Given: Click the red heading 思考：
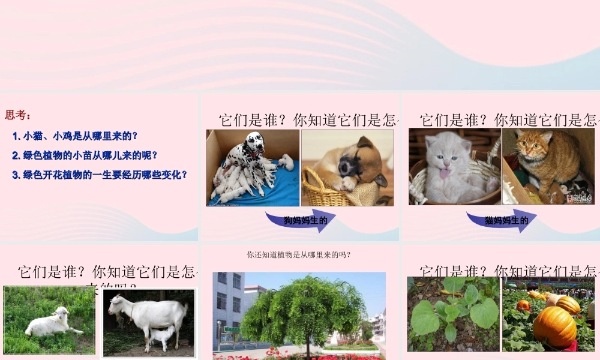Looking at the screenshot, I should [17, 115].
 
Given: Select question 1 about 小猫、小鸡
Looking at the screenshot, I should [75, 136].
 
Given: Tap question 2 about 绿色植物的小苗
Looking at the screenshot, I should [85, 155].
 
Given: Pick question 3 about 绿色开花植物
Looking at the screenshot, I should [100, 175].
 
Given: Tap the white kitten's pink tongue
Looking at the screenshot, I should [444, 174].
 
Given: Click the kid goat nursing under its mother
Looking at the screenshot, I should [162, 337].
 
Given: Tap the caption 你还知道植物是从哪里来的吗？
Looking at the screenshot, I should [299, 255].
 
